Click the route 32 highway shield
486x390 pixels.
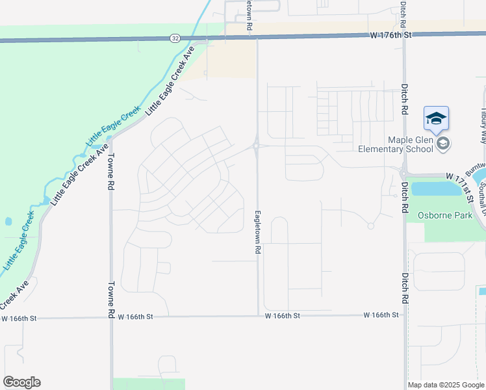point(175,38)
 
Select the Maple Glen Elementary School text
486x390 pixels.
point(396,144)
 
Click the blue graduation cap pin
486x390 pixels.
point(436,119)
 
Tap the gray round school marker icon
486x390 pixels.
point(443,144)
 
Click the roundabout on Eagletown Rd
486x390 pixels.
point(257,146)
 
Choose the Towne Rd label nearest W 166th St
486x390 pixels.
point(111,294)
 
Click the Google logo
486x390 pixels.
point(21,382)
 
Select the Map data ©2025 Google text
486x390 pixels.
point(445,385)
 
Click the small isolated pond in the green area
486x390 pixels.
point(8,221)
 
